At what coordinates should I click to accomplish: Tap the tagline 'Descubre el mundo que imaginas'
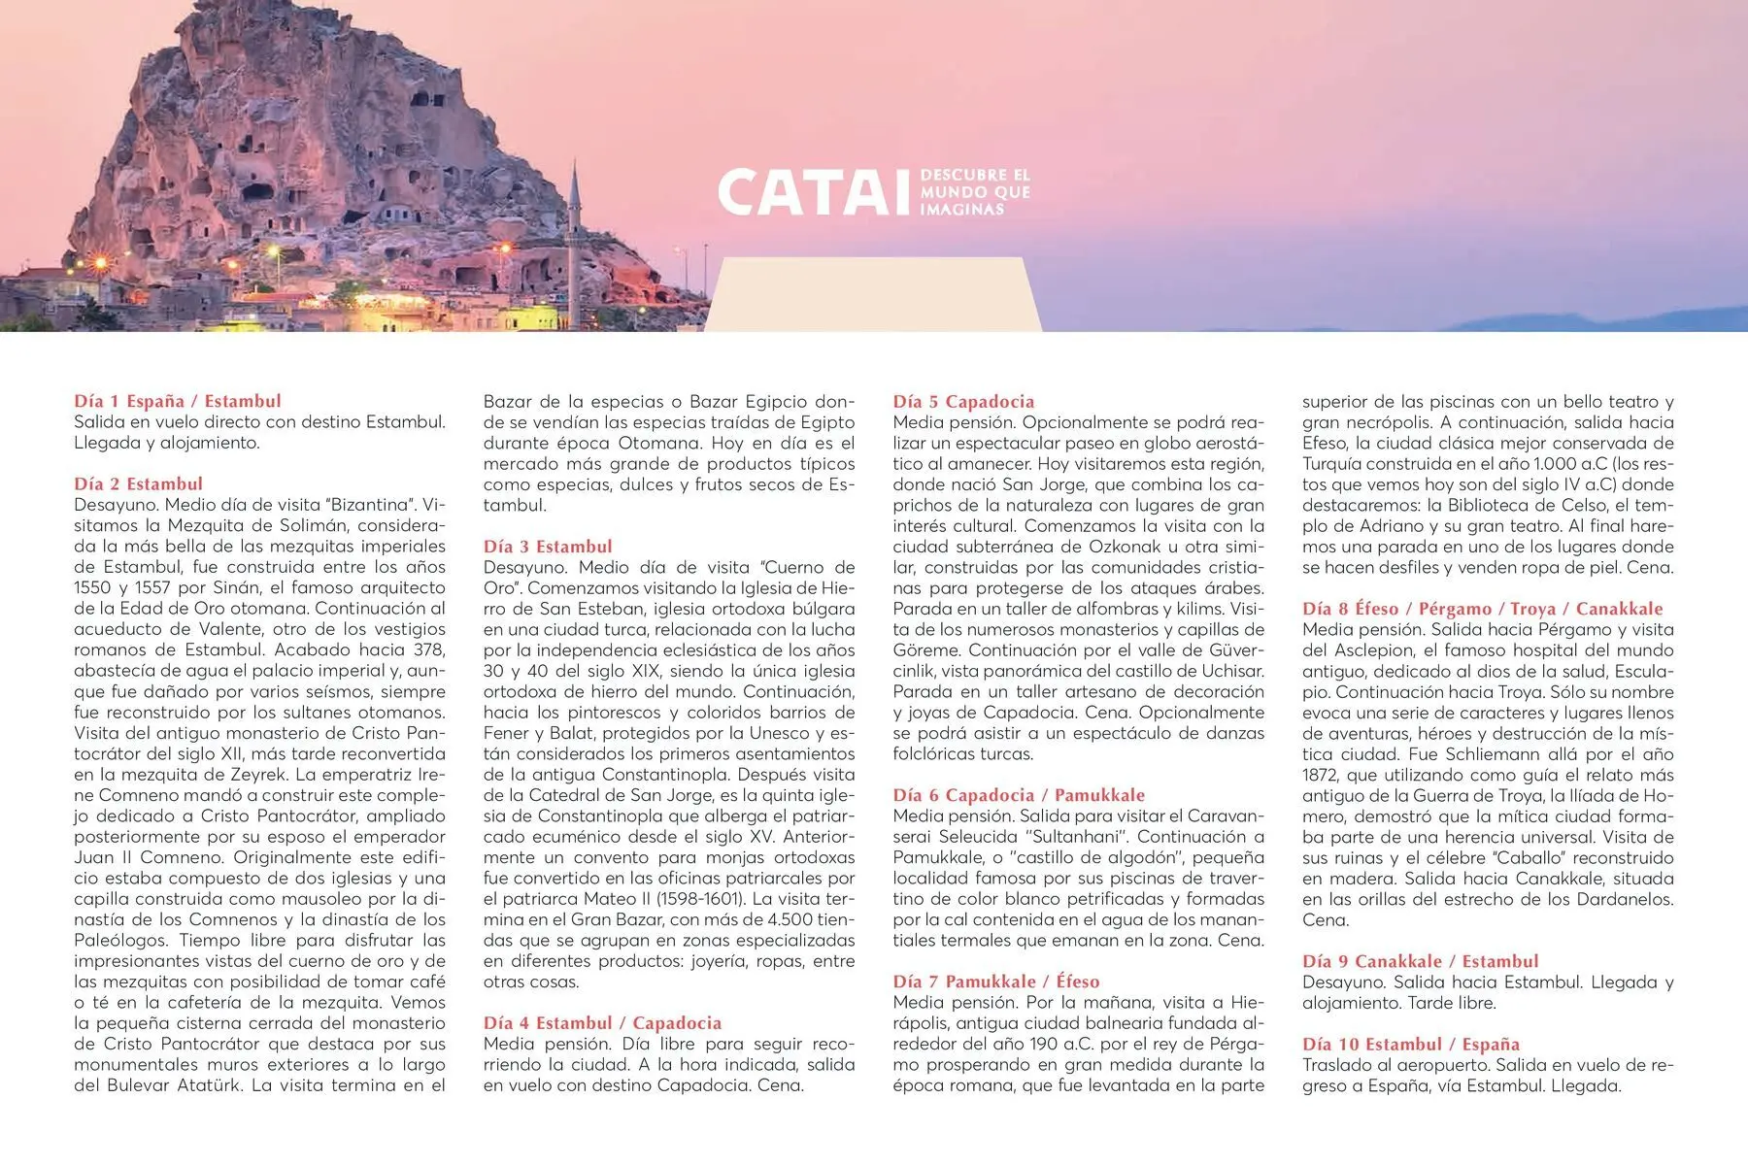[974, 192]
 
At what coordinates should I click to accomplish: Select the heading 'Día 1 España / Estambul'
[178, 401]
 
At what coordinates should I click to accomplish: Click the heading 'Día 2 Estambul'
[139, 483]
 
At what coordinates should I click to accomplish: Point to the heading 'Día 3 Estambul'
[548, 547]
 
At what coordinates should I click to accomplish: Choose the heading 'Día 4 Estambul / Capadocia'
[602, 1023]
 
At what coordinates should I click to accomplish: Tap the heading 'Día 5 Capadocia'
[963, 402]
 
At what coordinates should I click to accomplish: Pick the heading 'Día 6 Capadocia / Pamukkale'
[1019, 795]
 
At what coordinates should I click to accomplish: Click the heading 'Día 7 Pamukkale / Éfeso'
[996, 982]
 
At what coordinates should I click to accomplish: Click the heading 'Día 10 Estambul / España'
[1410, 1045]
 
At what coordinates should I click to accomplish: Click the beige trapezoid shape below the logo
[871, 295]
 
